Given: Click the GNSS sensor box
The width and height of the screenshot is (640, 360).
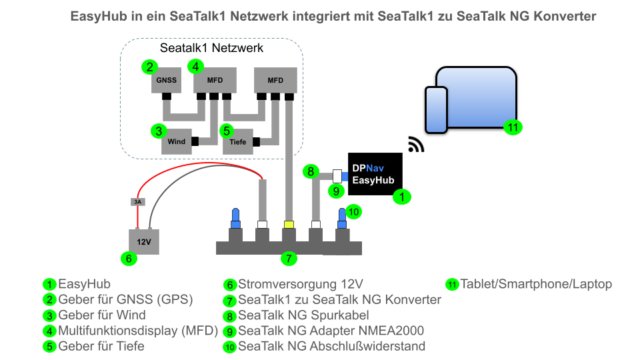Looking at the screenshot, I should coord(166,81).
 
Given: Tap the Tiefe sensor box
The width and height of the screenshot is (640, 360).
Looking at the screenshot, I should coord(238,141).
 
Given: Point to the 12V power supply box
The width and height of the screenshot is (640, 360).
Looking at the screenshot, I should coord(144,241).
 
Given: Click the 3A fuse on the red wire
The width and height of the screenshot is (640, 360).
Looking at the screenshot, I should coord(137,201).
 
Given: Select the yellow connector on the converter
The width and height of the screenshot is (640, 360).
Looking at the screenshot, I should coord(289,224).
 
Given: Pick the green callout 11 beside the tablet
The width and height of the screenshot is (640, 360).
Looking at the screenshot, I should coord(511,127).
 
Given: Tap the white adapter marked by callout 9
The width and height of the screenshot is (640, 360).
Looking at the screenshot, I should coord(337,176).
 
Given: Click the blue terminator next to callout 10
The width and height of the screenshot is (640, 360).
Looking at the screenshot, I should coord(342,217).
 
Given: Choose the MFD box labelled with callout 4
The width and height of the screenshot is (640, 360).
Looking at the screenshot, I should coord(215,81).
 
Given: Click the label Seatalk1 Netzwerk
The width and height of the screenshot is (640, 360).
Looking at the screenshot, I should coord(211,48).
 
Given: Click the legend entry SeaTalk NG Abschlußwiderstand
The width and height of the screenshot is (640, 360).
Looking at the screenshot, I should coord(331,346).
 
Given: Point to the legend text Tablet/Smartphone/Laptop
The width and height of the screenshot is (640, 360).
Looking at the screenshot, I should coord(536,284).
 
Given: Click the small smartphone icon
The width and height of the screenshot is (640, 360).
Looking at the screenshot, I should coord(437,109).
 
